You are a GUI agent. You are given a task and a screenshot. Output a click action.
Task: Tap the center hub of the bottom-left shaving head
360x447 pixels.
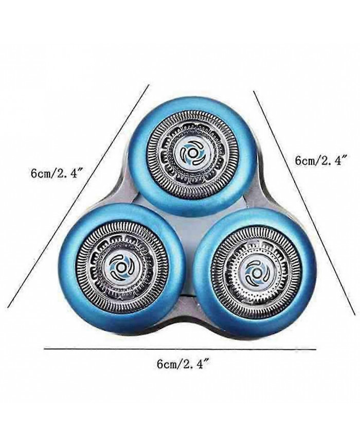tap(120, 267)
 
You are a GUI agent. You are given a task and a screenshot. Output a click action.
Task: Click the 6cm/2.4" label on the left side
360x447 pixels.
tap(55, 174)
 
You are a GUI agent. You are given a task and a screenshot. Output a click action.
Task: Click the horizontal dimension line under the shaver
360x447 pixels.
tap(180, 349)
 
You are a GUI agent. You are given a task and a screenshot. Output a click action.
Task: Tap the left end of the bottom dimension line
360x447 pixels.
tap(44, 348)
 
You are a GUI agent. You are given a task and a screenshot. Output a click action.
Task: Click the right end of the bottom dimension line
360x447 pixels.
tap(316, 349)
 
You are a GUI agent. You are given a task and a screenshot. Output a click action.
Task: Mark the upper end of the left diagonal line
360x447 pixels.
tap(149, 84)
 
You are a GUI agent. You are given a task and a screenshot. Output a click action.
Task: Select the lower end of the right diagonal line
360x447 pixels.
tap(355, 314)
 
